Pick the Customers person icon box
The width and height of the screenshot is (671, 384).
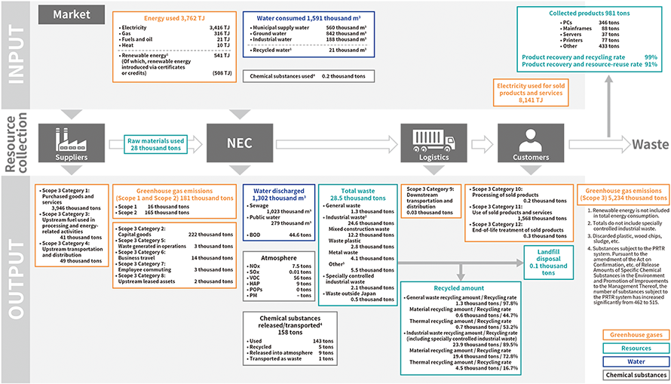(530, 142)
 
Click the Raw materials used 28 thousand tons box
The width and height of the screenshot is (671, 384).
(156, 145)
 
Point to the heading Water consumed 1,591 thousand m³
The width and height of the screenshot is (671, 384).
(309, 17)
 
